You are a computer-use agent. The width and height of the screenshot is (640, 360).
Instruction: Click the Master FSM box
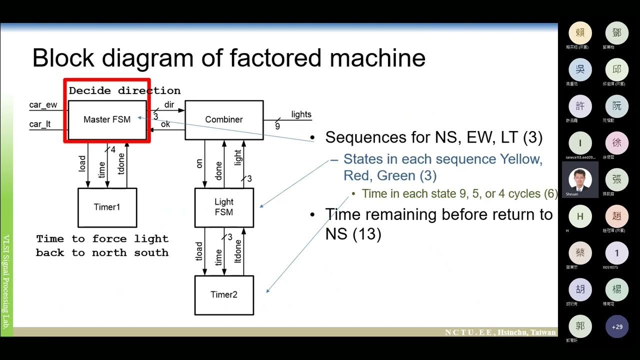click(107, 119)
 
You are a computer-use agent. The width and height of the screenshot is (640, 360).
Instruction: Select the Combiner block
click(224, 119)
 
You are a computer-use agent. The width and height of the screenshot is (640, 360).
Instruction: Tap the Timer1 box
click(107, 207)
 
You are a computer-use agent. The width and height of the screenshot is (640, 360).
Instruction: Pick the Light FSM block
click(224, 207)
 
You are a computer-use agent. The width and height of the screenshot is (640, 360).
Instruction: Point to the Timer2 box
click(224, 294)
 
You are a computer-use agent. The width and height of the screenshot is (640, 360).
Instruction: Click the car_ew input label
click(43, 105)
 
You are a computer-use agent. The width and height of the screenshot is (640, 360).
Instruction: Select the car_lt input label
click(40, 124)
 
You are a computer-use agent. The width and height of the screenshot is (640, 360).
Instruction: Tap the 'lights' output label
click(301, 114)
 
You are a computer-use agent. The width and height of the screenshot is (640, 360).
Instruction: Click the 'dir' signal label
click(169, 105)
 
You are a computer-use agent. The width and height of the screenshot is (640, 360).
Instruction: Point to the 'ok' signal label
click(165, 124)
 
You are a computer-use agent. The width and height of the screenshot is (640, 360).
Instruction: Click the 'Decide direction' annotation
click(124, 90)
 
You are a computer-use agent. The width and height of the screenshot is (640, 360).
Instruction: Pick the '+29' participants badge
click(616, 326)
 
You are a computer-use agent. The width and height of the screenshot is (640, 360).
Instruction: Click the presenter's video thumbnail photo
click(580, 178)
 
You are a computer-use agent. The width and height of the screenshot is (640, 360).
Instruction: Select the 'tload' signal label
click(199, 251)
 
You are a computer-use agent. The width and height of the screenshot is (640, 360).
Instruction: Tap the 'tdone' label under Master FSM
click(120, 163)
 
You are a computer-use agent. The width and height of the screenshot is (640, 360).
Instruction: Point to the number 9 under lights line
click(277, 126)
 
